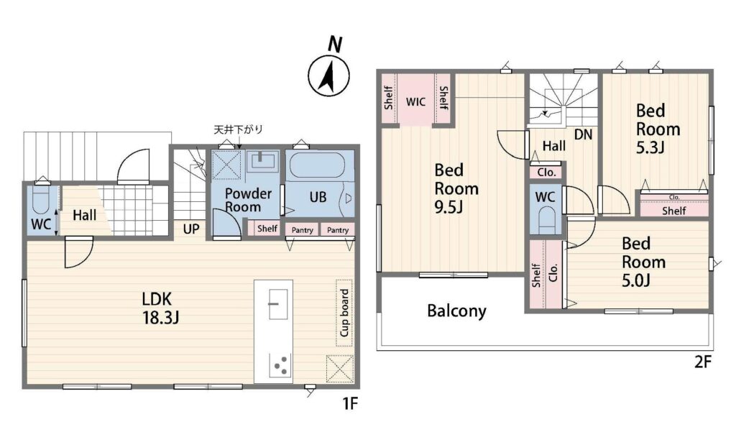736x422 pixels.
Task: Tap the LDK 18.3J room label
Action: pos(160,308)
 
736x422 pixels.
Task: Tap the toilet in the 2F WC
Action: pos(546,219)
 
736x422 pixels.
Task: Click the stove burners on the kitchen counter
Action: pos(280,366)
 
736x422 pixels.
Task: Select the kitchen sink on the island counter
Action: pos(277,304)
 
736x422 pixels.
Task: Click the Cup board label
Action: pos(344,313)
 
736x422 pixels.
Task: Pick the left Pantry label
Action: pos(303,230)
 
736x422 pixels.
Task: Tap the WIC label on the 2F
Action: pos(415,102)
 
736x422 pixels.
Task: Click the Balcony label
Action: pos(456,311)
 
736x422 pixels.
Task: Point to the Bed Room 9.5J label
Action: pos(456,188)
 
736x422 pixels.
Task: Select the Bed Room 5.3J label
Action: pos(658,129)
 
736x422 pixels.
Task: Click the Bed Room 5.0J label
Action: pos(643,262)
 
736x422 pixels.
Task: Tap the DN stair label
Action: pos(583,134)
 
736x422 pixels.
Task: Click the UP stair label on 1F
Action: pos(191,229)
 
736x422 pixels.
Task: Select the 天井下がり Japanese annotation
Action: pos(238,129)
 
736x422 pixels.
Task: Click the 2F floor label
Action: pos(703,362)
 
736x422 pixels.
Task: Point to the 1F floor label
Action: pos(350,403)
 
